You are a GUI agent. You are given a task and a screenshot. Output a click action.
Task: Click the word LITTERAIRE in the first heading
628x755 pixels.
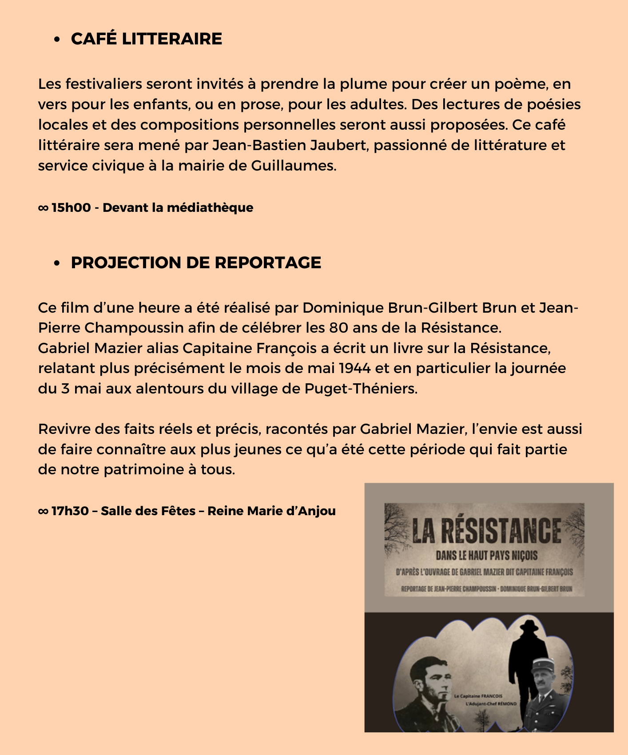tap(172, 39)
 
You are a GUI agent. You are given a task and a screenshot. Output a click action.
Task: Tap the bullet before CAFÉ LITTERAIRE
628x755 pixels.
tap(56, 40)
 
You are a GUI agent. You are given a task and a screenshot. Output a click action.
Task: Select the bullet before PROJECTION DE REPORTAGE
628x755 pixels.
tap(56, 263)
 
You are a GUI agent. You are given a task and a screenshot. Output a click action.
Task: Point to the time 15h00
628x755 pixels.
tap(71, 208)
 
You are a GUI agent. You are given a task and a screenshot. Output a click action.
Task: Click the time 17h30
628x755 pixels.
tap(70, 511)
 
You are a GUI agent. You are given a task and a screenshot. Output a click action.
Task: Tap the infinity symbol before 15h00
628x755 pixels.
tap(43, 208)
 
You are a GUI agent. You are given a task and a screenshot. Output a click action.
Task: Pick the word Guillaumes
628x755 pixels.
tap(294, 166)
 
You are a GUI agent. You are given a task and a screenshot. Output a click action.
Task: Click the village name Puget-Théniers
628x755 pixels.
tap(361, 389)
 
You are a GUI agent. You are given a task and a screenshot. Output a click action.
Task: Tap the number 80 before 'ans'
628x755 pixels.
tap(338, 328)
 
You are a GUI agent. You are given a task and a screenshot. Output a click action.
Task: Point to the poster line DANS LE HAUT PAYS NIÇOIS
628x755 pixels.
tap(486, 556)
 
